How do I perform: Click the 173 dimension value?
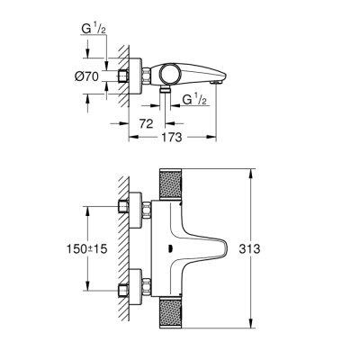(x=175, y=138)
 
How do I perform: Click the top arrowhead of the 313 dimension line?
(x=248, y=171)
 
